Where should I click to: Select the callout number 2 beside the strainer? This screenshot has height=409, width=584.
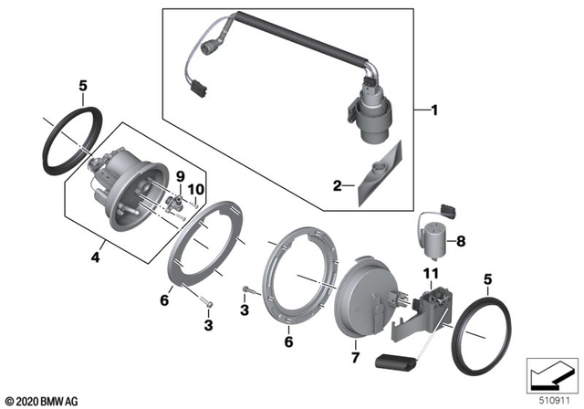click(338, 185)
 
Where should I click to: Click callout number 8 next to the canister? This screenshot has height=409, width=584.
click(460, 242)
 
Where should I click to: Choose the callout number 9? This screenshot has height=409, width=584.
click(180, 175)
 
